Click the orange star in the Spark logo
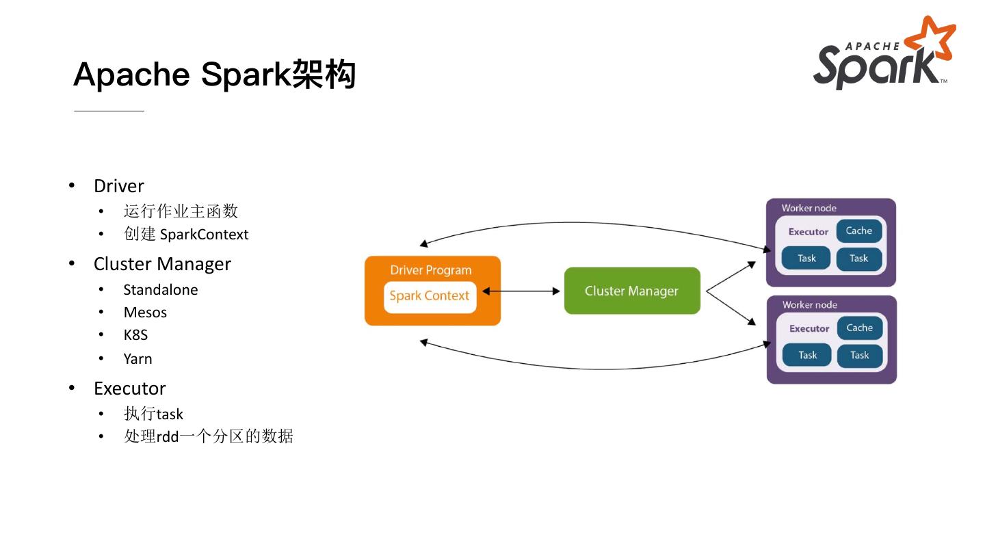click(x=932, y=39)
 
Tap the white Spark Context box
click(x=430, y=298)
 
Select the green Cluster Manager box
click(x=632, y=291)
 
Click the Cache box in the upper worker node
click(x=859, y=231)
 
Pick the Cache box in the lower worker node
click(x=860, y=328)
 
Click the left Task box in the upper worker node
click(x=806, y=258)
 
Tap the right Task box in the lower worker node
click(x=860, y=355)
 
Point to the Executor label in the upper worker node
click(x=809, y=232)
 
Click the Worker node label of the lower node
click(x=810, y=305)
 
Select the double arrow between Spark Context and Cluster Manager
click(x=521, y=291)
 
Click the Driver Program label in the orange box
click(x=430, y=270)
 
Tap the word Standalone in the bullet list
click(x=161, y=290)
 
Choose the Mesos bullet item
click(x=145, y=313)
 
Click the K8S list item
click(x=135, y=335)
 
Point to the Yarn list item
click(x=137, y=359)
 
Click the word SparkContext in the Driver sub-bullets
click(x=205, y=235)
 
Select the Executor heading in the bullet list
click(x=130, y=388)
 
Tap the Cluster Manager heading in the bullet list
click(x=162, y=264)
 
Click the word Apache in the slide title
click(x=131, y=75)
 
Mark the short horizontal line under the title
click(x=109, y=111)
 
